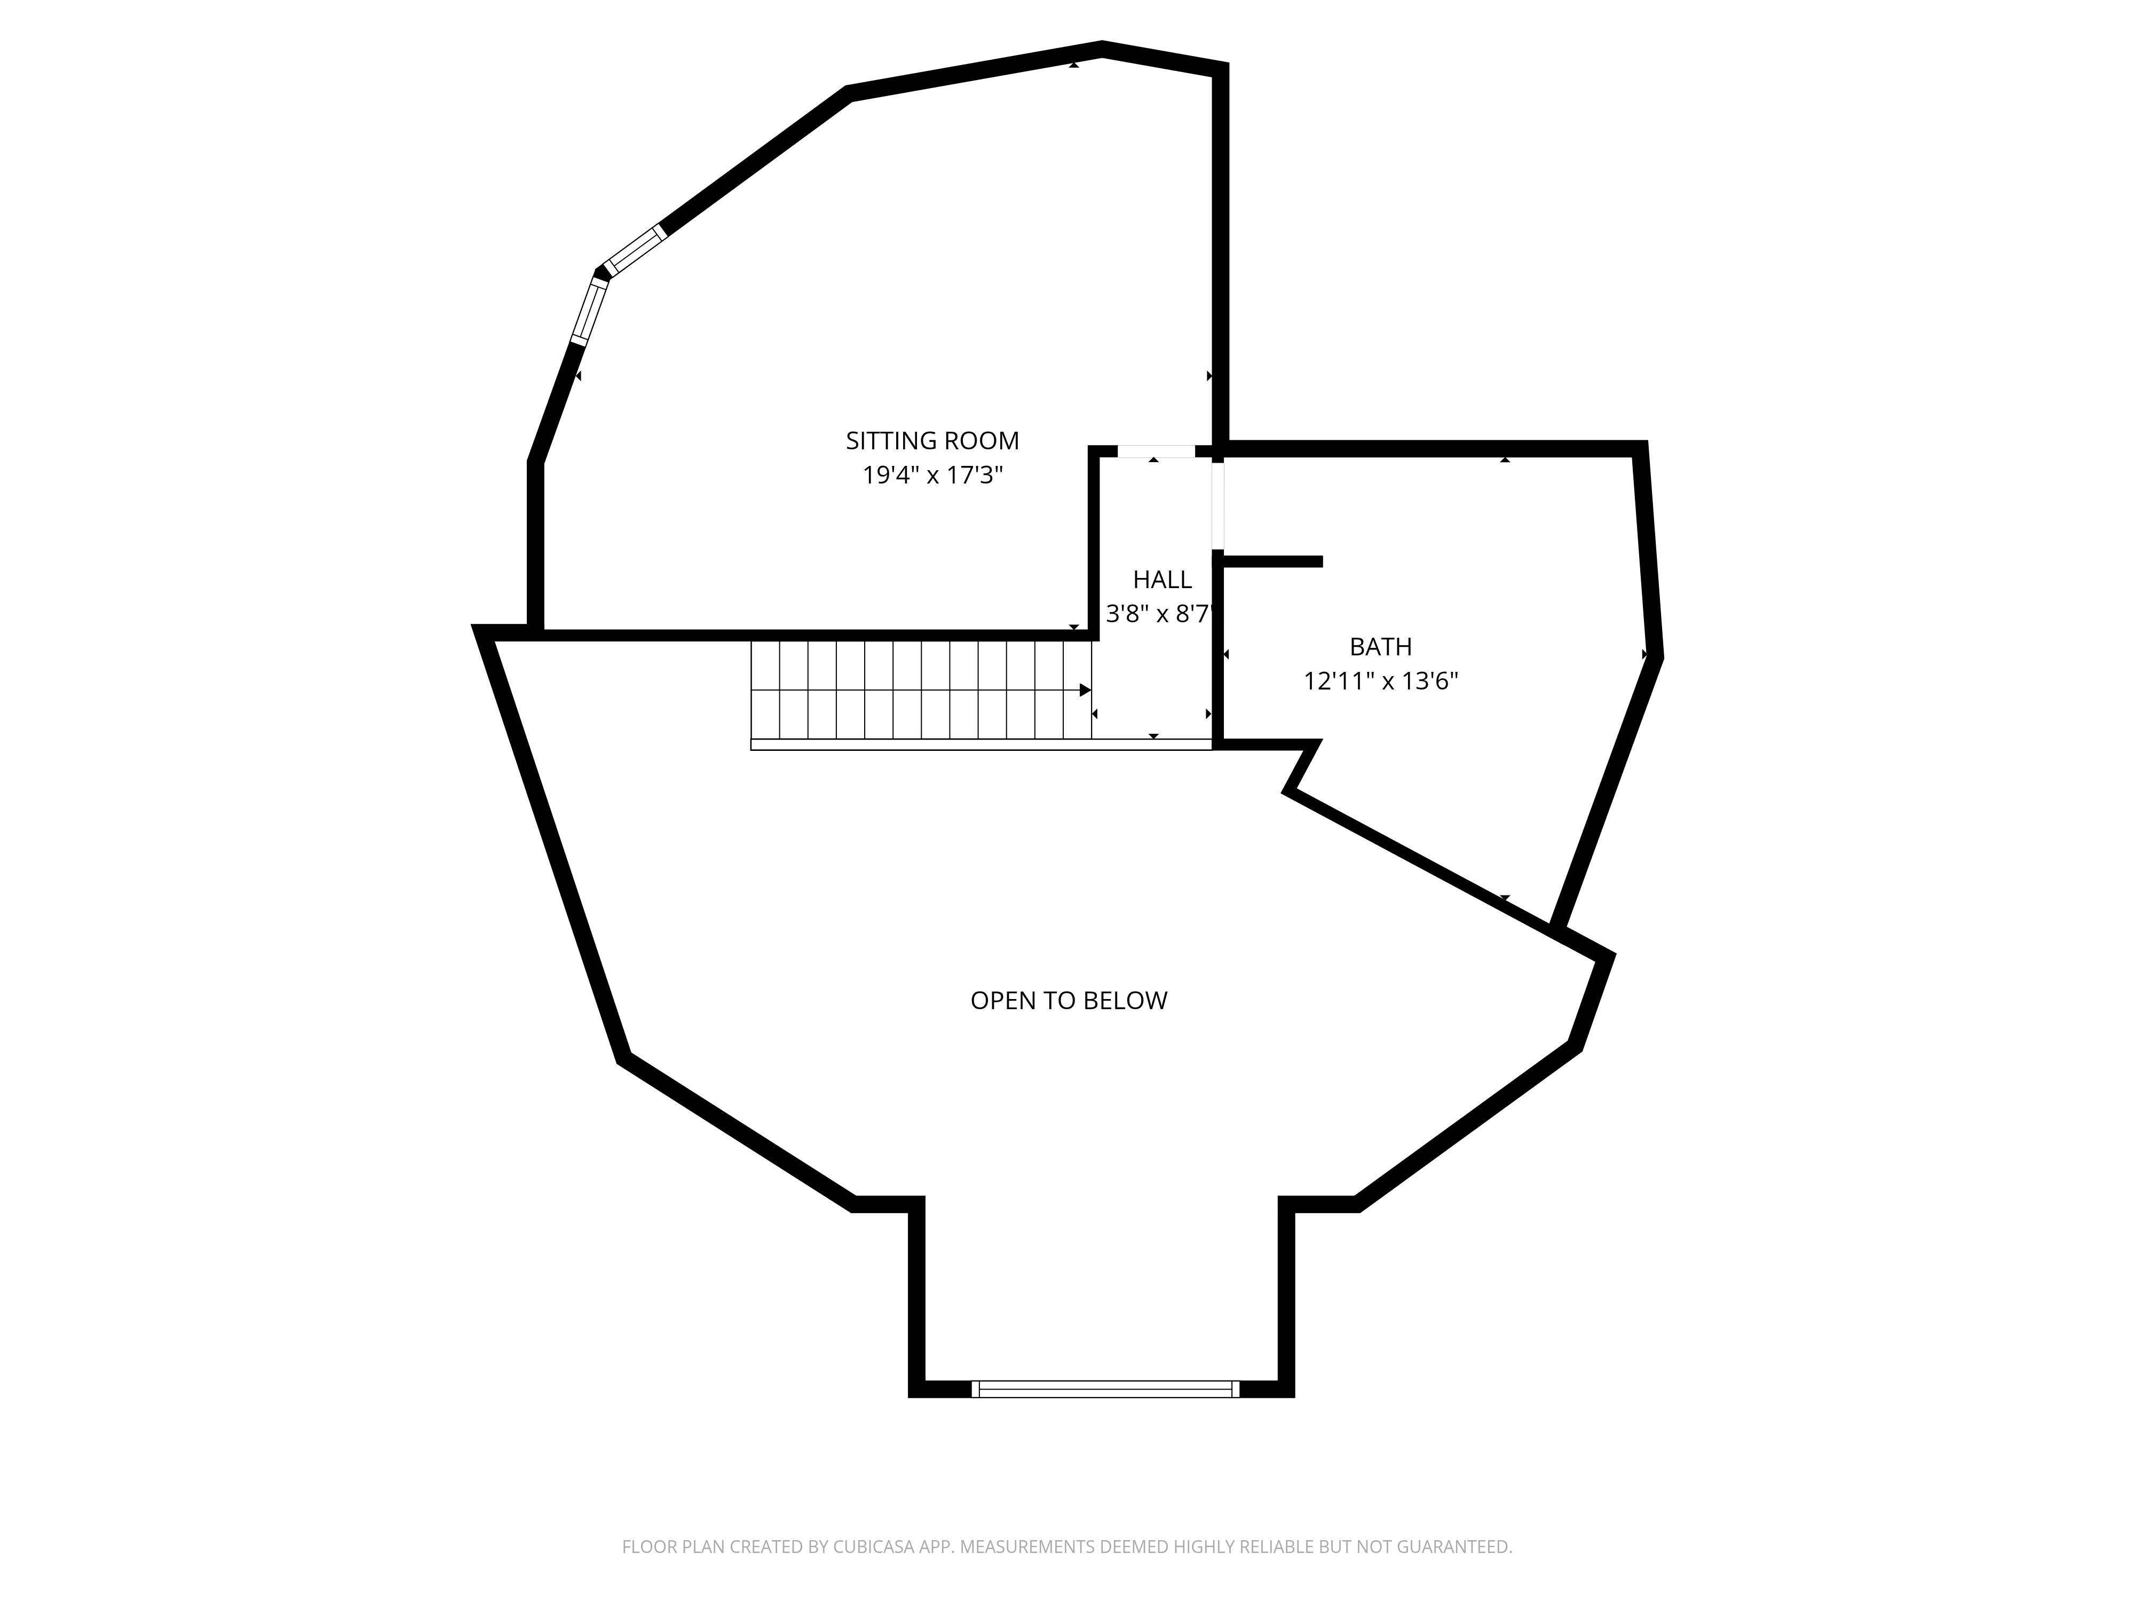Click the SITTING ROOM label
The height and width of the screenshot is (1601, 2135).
point(932,441)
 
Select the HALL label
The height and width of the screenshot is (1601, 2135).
point(1162,580)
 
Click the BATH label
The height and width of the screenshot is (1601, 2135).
point(1380,647)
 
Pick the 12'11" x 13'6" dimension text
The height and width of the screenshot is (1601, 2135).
point(1380,681)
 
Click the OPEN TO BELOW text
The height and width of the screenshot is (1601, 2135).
point(1069,1001)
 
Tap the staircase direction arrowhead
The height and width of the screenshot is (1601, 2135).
point(1085,690)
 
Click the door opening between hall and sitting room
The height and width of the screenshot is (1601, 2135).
point(1156,450)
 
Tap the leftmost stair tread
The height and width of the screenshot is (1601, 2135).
point(765,690)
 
